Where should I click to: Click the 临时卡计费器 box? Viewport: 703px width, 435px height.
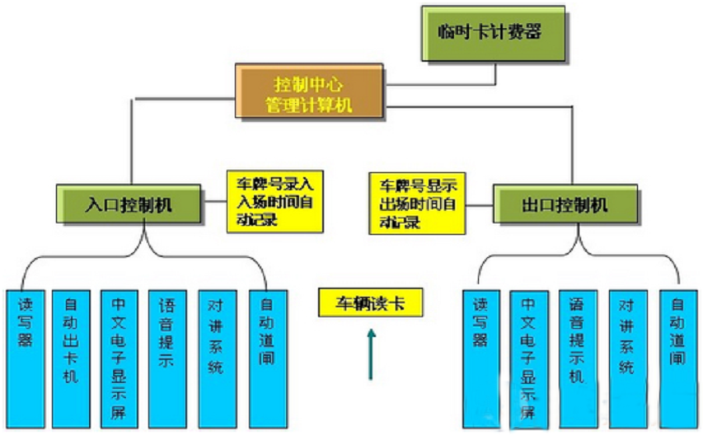pos(494,33)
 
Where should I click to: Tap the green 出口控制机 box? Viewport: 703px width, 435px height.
pos(565,203)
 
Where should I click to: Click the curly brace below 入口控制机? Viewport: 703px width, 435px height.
pos(144,255)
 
